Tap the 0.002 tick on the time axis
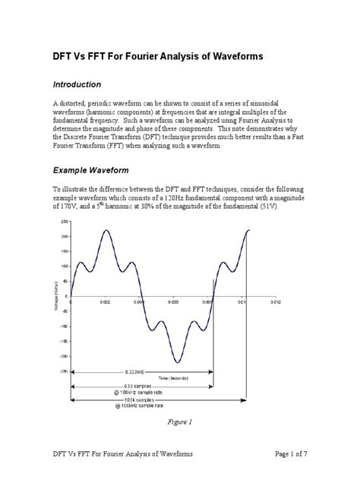[x=106, y=302]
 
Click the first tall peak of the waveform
[x=106, y=230]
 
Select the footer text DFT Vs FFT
[x=52, y=454]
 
